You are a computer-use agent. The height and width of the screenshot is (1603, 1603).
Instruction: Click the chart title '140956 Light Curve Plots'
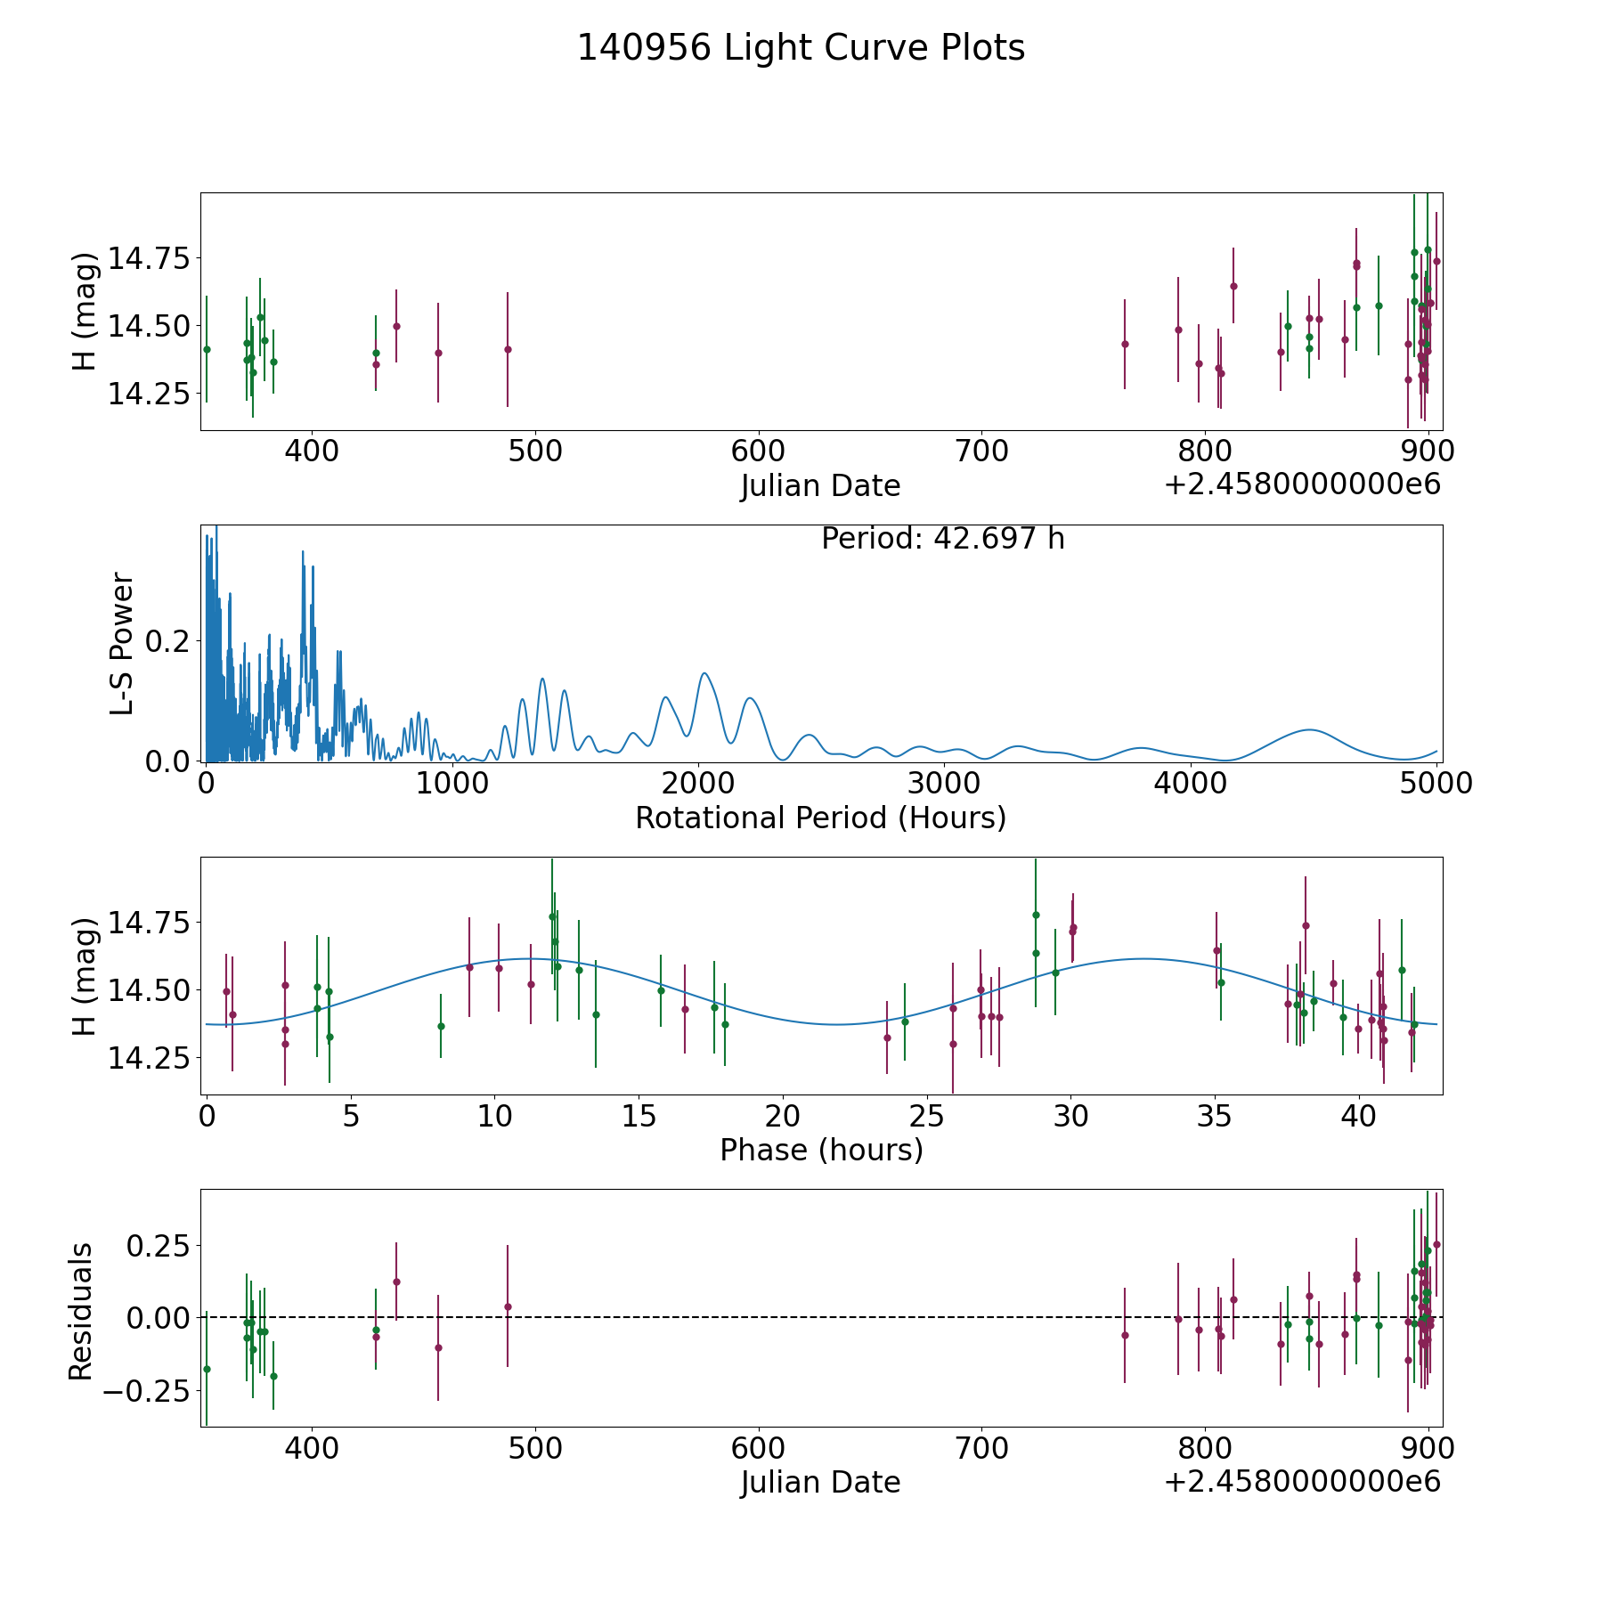pyautogui.click(x=801, y=48)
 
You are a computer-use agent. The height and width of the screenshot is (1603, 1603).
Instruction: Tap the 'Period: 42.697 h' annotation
pyautogui.click(x=942, y=539)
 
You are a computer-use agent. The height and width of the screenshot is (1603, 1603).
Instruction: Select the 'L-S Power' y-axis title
pyautogui.click(x=122, y=644)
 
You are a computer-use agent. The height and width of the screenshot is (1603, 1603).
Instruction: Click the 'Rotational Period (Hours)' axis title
pyautogui.click(x=820, y=818)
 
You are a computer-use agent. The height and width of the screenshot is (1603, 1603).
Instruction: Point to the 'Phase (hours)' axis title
pyautogui.click(x=821, y=1150)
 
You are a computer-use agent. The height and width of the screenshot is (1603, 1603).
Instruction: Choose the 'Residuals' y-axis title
pyautogui.click(x=81, y=1312)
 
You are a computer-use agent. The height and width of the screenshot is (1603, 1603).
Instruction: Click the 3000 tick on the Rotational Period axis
pyautogui.click(x=944, y=784)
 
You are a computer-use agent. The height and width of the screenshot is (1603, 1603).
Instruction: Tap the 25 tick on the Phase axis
pyautogui.click(x=927, y=1117)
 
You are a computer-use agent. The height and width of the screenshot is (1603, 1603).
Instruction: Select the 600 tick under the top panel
pyautogui.click(x=758, y=452)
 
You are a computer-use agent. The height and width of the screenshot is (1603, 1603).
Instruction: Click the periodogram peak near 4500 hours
pyautogui.click(x=1309, y=730)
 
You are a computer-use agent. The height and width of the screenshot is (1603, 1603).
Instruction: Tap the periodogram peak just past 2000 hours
pyautogui.click(x=704, y=673)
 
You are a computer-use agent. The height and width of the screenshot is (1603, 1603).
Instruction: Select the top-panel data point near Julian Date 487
pyautogui.click(x=508, y=349)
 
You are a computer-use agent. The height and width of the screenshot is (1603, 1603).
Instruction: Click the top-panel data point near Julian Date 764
pyautogui.click(x=1125, y=344)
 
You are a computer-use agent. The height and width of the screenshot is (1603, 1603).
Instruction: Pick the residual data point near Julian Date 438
pyautogui.click(x=396, y=1282)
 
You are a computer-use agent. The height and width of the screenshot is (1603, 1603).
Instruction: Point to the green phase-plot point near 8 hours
pyautogui.click(x=441, y=1026)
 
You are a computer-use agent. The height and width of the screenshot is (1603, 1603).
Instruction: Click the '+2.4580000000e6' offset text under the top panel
pyautogui.click(x=1302, y=484)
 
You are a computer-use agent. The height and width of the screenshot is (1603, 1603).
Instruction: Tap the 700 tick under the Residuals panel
pyautogui.click(x=981, y=1448)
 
